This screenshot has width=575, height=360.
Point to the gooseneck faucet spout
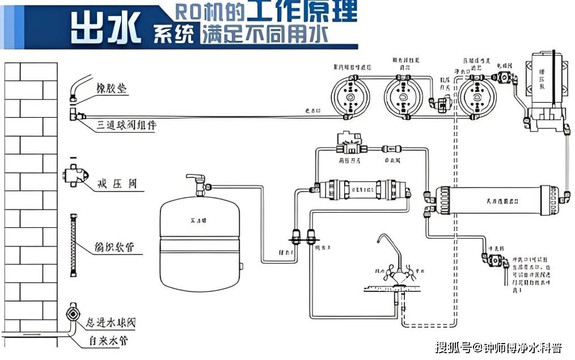click(x=392, y=249)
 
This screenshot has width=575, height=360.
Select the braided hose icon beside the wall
click(x=73, y=245)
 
